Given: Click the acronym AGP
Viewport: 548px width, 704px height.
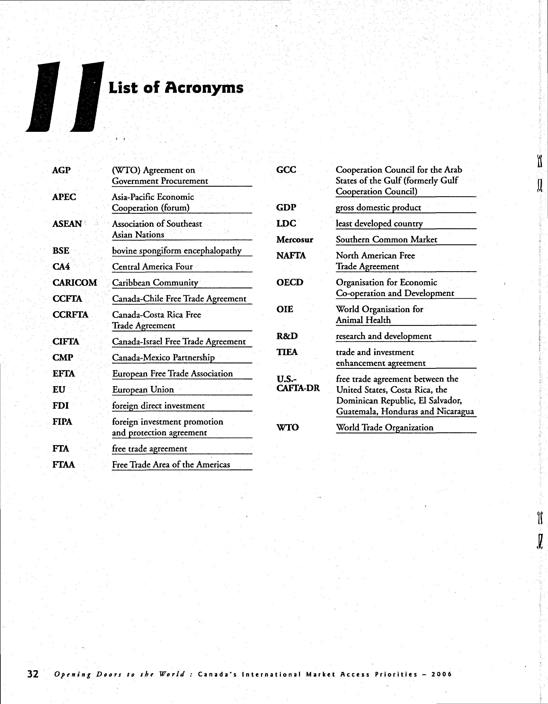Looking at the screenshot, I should point(61,170).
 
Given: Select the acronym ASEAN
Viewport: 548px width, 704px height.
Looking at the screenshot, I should point(67,224).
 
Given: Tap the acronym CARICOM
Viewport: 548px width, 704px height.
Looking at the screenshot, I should point(74,283).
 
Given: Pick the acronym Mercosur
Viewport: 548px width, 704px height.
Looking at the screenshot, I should point(294,240).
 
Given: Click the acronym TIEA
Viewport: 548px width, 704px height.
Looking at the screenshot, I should point(287,352).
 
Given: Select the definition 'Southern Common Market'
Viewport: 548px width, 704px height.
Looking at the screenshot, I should point(386,240).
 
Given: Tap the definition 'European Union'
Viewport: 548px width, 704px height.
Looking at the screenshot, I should point(143,389).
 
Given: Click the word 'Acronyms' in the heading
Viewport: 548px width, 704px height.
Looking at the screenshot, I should point(204,88).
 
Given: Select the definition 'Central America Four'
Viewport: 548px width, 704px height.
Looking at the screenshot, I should point(152,267).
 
